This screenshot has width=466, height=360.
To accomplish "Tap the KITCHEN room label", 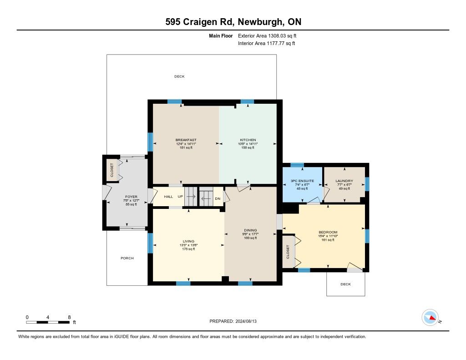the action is point(248,140).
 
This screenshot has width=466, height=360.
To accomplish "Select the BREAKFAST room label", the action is point(186,140).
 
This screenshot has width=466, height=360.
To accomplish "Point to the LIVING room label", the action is point(188,241).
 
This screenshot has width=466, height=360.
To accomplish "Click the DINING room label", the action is point(251,230).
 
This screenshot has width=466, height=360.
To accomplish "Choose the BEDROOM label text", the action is point(328,232).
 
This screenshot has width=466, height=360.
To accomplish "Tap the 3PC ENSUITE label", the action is point(302,181).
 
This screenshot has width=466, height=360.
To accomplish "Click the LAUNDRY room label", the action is point(344,181).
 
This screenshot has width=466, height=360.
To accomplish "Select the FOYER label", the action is point(131,197).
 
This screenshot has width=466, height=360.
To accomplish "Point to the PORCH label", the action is point(127,258).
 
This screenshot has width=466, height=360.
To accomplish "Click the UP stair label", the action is point(180,197).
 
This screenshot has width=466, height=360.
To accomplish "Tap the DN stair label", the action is point(218,198).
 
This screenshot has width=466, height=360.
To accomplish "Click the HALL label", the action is point(168,197).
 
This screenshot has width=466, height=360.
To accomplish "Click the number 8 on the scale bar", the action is point(69,317).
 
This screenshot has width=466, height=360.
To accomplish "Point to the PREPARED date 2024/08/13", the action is point(246,321).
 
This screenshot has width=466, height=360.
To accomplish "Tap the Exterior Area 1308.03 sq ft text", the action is point(267,35).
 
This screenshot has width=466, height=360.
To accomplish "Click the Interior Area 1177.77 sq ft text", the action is point(267,43).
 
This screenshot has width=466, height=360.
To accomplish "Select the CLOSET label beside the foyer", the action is point(112,170).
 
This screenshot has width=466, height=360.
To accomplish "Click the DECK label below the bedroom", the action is point(346,284).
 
